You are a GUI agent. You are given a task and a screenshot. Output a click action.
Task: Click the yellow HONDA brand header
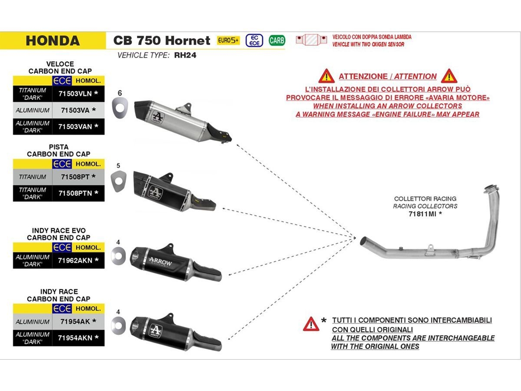(53, 40)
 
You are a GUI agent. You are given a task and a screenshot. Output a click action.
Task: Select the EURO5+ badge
(228, 40)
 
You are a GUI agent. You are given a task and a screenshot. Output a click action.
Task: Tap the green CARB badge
(277, 40)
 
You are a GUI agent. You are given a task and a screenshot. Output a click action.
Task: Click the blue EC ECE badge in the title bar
(254, 40)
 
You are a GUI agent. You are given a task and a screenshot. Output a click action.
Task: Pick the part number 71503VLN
(75, 93)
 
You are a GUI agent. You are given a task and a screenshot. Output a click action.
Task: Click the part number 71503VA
(75, 110)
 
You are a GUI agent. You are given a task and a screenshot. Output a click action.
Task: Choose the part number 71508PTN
(75, 193)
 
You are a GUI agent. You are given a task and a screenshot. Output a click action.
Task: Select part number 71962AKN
(75, 260)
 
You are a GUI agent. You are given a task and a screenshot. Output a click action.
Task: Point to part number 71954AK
(75, 321)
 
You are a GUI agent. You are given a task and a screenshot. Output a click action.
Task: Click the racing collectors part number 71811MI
(422, 214)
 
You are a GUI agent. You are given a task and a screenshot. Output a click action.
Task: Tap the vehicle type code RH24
(185, 55)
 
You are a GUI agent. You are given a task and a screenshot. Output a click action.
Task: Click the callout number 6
(120, 93)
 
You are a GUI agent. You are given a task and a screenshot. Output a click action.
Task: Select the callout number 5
(118, 166)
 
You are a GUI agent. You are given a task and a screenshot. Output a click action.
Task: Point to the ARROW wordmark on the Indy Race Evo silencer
(161, 262)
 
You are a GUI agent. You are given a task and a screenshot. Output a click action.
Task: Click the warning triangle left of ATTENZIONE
(326, 76)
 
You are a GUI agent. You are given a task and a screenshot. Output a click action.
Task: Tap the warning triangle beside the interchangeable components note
(311, 324)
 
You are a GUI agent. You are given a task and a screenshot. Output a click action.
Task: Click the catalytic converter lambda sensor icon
(311, 40)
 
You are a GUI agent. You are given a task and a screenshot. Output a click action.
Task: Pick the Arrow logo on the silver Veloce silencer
(157, 117)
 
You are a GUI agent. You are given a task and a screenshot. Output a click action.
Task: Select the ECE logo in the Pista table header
(62, 164)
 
